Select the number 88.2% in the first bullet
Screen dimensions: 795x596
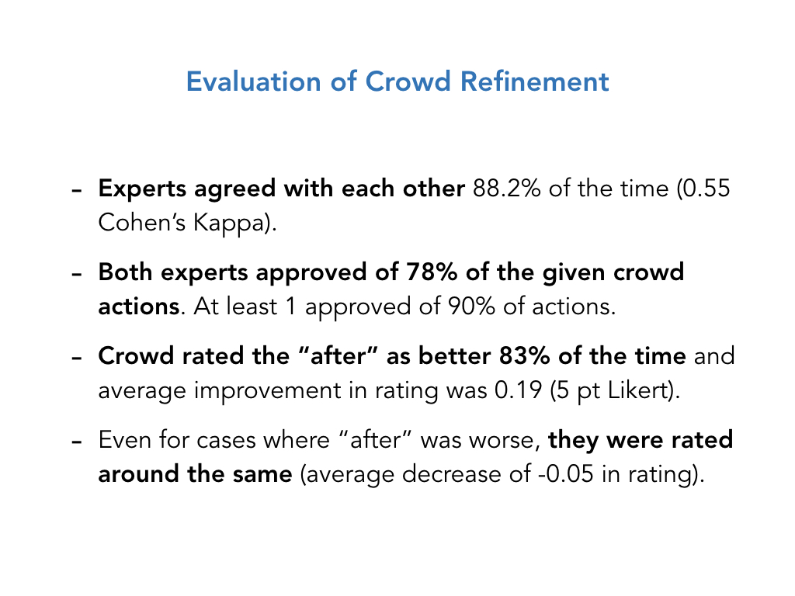coord(506,189)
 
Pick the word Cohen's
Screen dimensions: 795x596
coord(142,222)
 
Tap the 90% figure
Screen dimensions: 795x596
coord(470,307)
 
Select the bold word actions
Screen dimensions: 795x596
coord(138,307)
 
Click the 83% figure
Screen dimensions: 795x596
coord(524,355)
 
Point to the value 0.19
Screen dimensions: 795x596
coord(518,391)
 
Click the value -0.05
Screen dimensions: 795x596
coord(565,474)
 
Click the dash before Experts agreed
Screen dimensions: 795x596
coord(77,191)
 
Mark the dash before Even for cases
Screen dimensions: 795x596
coord(77,442)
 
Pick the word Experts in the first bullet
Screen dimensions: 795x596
coord(143,189)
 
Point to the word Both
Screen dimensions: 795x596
coord(125,272)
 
